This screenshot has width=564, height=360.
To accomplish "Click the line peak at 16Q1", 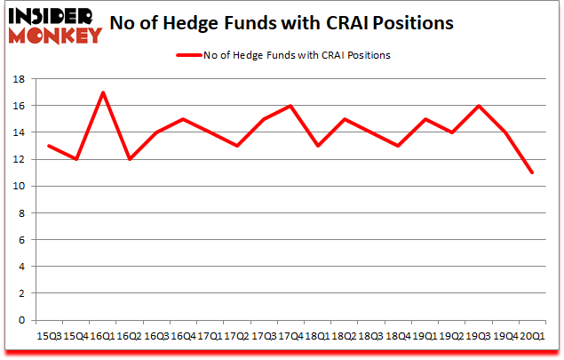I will pyautogui.click(x=104, y=92).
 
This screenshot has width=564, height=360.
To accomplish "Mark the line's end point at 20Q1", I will pyautogui.click(x=532, y=172).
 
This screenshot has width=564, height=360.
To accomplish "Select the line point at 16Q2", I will pyautogui.click(x=131, y=159).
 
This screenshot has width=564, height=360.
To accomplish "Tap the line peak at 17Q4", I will pyautogui.click(x=291, y=106).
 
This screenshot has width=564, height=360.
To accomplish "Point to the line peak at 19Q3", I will pyautogui.click(x=479, y=106).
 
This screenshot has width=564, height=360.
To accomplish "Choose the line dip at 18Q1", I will pyautogui.click(x=318, y=146).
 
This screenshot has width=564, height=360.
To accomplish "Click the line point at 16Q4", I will pyautogui.click(x=184, y=119).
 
